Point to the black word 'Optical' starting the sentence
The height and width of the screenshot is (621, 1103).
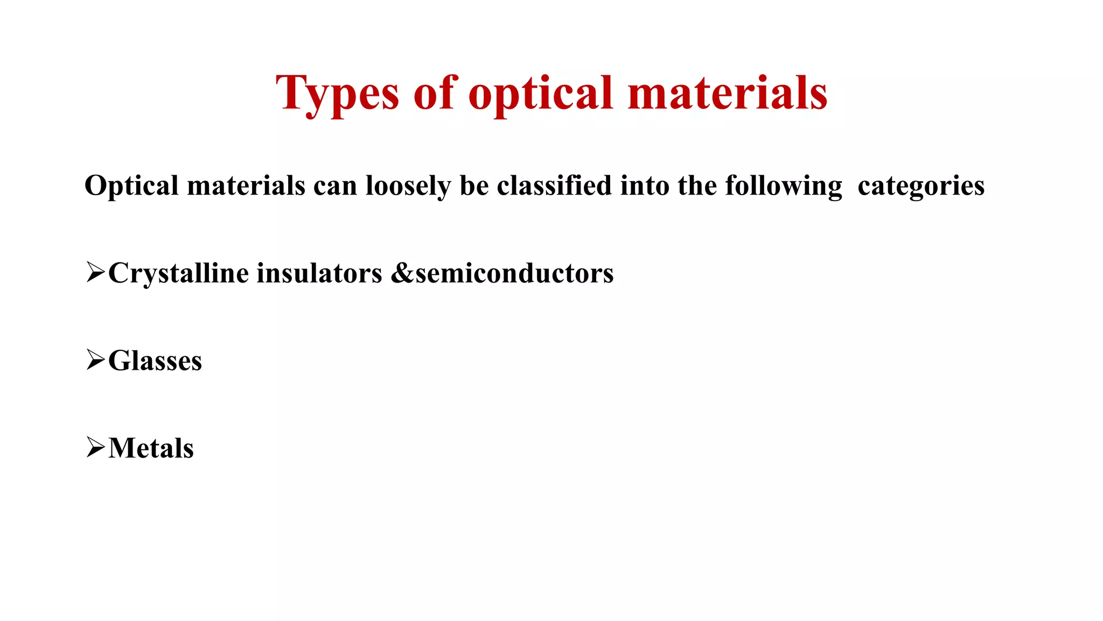coord(131,186)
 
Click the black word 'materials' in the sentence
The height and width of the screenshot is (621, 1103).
coord(246,186)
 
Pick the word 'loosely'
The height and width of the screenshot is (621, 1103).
coord(408,186)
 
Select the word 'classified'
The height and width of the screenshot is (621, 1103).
coord(554,186)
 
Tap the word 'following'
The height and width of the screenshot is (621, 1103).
coord(784,186)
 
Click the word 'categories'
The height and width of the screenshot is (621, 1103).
coord(921,186)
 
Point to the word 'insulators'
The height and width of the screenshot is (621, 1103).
coord(319,273)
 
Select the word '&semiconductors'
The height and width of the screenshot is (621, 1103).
coord(502,273)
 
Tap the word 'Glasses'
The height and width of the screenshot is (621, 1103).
coord(155,361)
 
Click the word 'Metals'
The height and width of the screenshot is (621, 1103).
coord(151,448)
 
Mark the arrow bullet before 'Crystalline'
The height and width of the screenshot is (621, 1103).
coord(95,272)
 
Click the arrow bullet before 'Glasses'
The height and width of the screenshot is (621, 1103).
coord(95,360)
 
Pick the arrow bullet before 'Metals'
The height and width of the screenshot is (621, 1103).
coord(95,447)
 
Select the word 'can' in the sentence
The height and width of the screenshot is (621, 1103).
coord(335,186)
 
